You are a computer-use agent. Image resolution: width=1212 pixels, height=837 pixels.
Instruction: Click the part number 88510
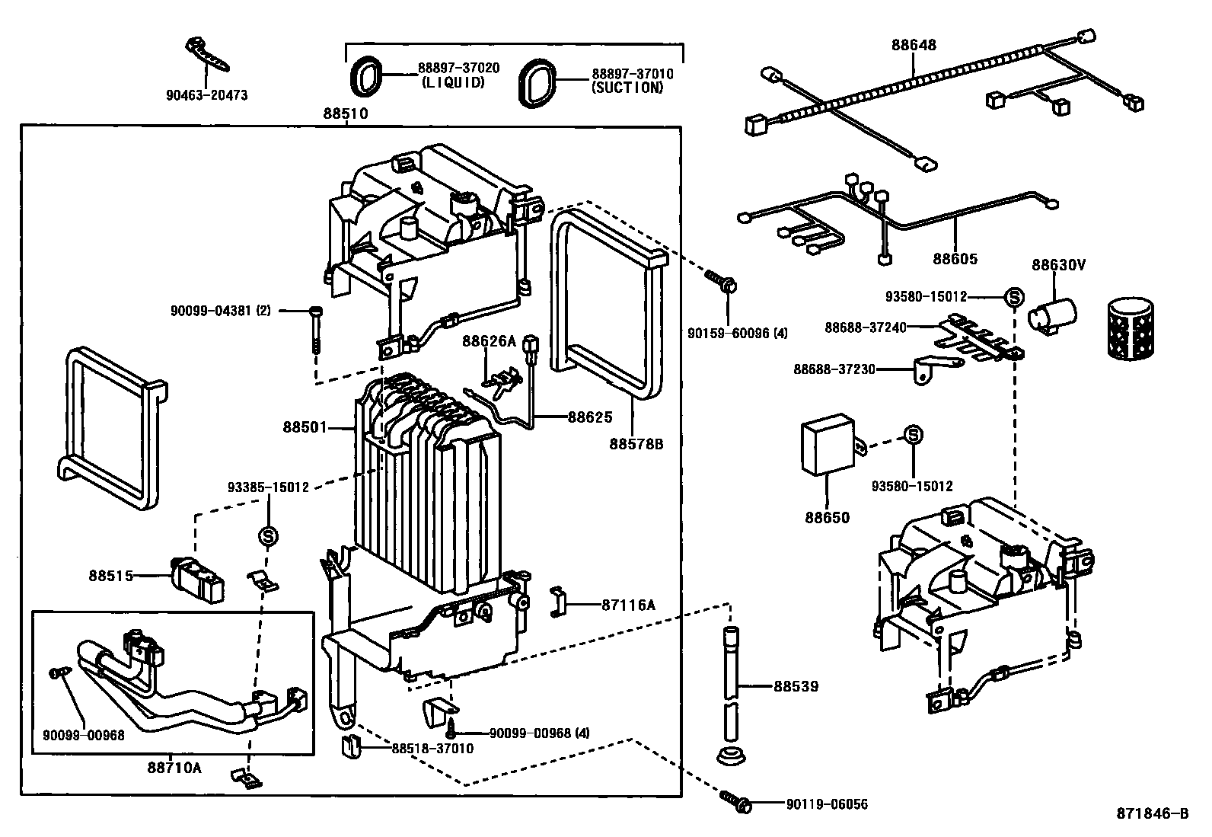point(345,114)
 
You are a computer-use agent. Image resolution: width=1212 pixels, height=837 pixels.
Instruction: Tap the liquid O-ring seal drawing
point(365,76)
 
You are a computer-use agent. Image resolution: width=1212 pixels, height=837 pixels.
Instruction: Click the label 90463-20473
point(206,96)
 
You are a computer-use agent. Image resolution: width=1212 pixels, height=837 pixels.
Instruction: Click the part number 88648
point(914,45)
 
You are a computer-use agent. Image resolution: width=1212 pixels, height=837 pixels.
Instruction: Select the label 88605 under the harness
point(955,260)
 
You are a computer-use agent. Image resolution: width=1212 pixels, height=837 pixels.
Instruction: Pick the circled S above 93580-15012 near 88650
point(914,435)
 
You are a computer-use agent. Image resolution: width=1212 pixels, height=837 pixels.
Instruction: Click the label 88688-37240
point(866,327)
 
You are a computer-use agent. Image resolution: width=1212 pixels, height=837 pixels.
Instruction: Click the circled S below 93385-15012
point(268,537)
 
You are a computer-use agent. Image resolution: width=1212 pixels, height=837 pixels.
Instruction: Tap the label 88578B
point(636,443)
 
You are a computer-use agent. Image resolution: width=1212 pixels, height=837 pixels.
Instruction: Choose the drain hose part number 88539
point(796,686)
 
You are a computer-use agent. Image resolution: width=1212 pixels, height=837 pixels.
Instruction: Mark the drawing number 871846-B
point(1153,813)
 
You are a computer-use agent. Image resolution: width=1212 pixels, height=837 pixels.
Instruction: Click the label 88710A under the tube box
point(174,767)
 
